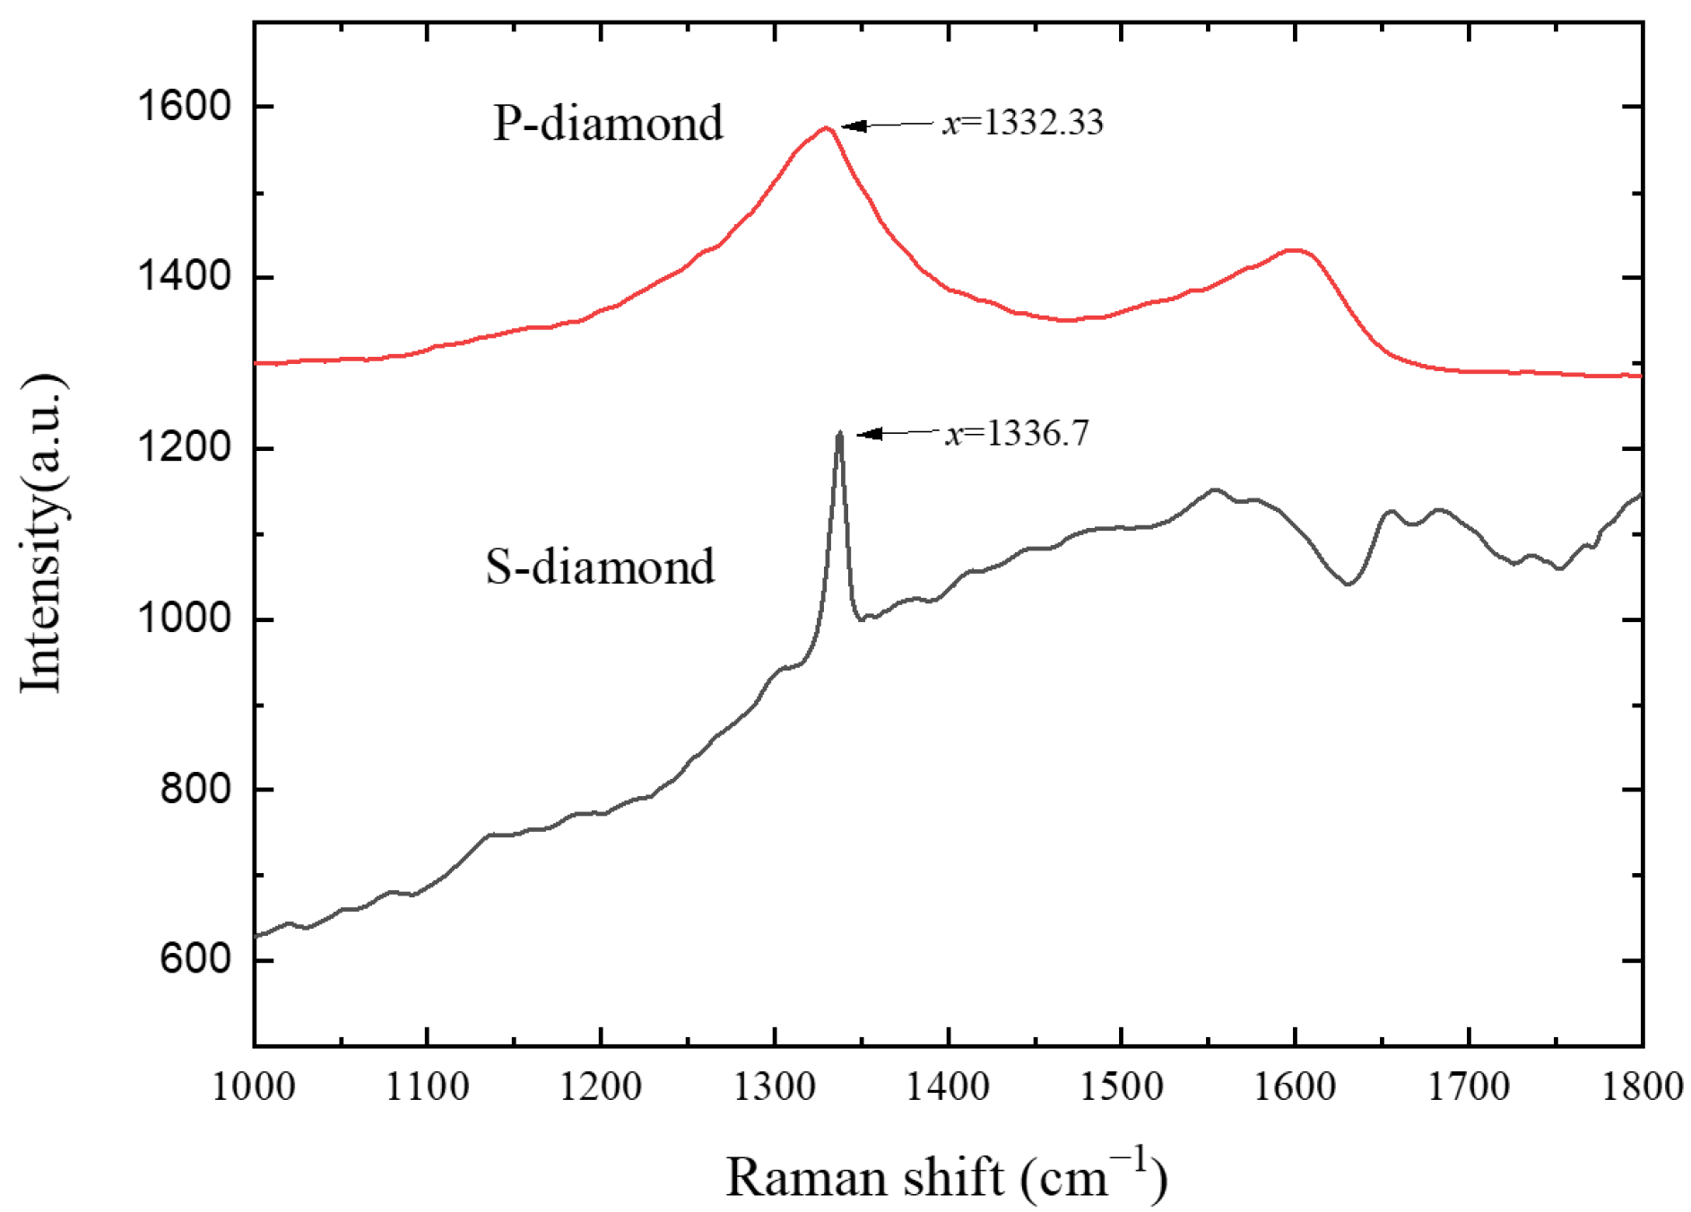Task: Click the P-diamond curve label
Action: tap(607, 124)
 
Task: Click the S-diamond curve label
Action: tap(600, 567)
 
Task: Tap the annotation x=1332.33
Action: tap(1022, 122)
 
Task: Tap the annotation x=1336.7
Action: tap(1016, 434)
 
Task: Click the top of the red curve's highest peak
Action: tap(826, 128)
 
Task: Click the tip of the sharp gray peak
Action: tap(839, 433)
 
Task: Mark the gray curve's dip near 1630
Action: tap(1348, 584)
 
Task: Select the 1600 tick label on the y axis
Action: tap(171, 106)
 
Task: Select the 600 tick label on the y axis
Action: tap(183, 959)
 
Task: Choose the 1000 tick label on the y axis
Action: tap(171, 619)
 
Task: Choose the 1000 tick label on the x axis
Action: tap(254, 1086)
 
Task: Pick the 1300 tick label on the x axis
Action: tap(774, 1086)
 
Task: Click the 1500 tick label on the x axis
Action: tap(1121, 1086)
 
